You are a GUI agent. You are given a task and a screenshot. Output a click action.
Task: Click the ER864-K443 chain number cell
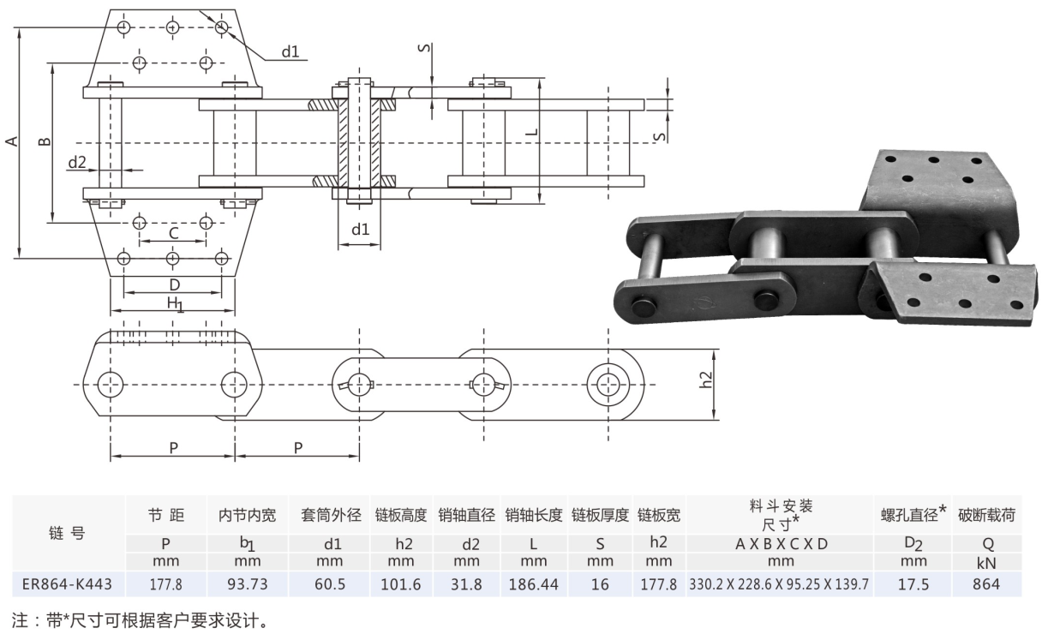(x=63, y=584)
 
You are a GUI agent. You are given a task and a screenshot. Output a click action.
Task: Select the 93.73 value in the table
(x=245, y=584)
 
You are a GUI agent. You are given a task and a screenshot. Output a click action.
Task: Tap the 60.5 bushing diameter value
(x=330, y=584)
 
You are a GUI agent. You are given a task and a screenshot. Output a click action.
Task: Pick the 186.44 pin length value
(x=533, y=584)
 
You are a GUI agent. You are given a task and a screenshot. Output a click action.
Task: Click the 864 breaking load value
(x=986, y=584)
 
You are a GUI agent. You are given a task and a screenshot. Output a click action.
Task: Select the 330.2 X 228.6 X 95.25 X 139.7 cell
(x=780, y=584)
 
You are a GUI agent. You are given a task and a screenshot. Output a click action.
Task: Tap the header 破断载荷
(x=986, y=515)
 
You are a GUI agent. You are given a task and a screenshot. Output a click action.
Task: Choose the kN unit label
(x=986, y=563)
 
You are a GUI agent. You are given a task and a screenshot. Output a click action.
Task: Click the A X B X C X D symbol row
(x=780, y=543)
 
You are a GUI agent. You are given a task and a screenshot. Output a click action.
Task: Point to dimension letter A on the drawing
(x=11, y=141)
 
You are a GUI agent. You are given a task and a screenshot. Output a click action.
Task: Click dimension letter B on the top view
(x=46, y=141)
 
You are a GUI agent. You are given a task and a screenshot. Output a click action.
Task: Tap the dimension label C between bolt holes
(x=173, y=233)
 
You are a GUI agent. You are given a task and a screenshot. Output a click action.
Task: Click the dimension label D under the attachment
(x=173, y=284)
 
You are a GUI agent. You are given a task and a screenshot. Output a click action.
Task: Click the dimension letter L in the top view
(x=530, y=134)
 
